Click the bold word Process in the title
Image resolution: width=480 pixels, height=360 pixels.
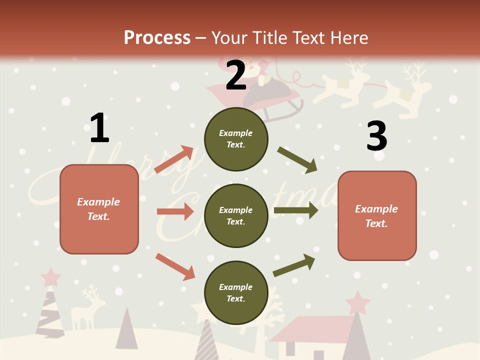[x=157, y=38]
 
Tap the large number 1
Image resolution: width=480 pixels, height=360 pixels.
[x=99, y=128]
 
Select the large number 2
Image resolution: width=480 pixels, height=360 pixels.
[x=236, y=75]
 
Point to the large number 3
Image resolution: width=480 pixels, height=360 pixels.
[x=376, y=135]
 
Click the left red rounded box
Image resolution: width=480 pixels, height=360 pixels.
[x=99, y=209]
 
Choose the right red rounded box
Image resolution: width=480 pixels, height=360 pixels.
[x=377, y=216]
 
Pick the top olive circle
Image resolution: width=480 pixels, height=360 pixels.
[x=236, y=139]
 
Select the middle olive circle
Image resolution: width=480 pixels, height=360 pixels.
[x=236, y=215]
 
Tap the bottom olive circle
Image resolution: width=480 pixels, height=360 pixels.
[x=236, y=292]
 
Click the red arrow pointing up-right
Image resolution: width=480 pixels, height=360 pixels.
[x=174, y=159]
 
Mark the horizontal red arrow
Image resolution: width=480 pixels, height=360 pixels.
[x=175, y=211]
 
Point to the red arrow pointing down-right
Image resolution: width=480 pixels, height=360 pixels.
[x=175, y=266]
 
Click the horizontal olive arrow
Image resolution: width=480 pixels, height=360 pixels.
[x=296, y=210]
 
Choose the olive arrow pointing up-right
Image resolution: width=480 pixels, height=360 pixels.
[x=294, y=265]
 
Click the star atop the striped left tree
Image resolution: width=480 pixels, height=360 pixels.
[x=50, y=275]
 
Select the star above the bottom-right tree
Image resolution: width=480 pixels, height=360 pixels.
[x=357, y=302]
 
